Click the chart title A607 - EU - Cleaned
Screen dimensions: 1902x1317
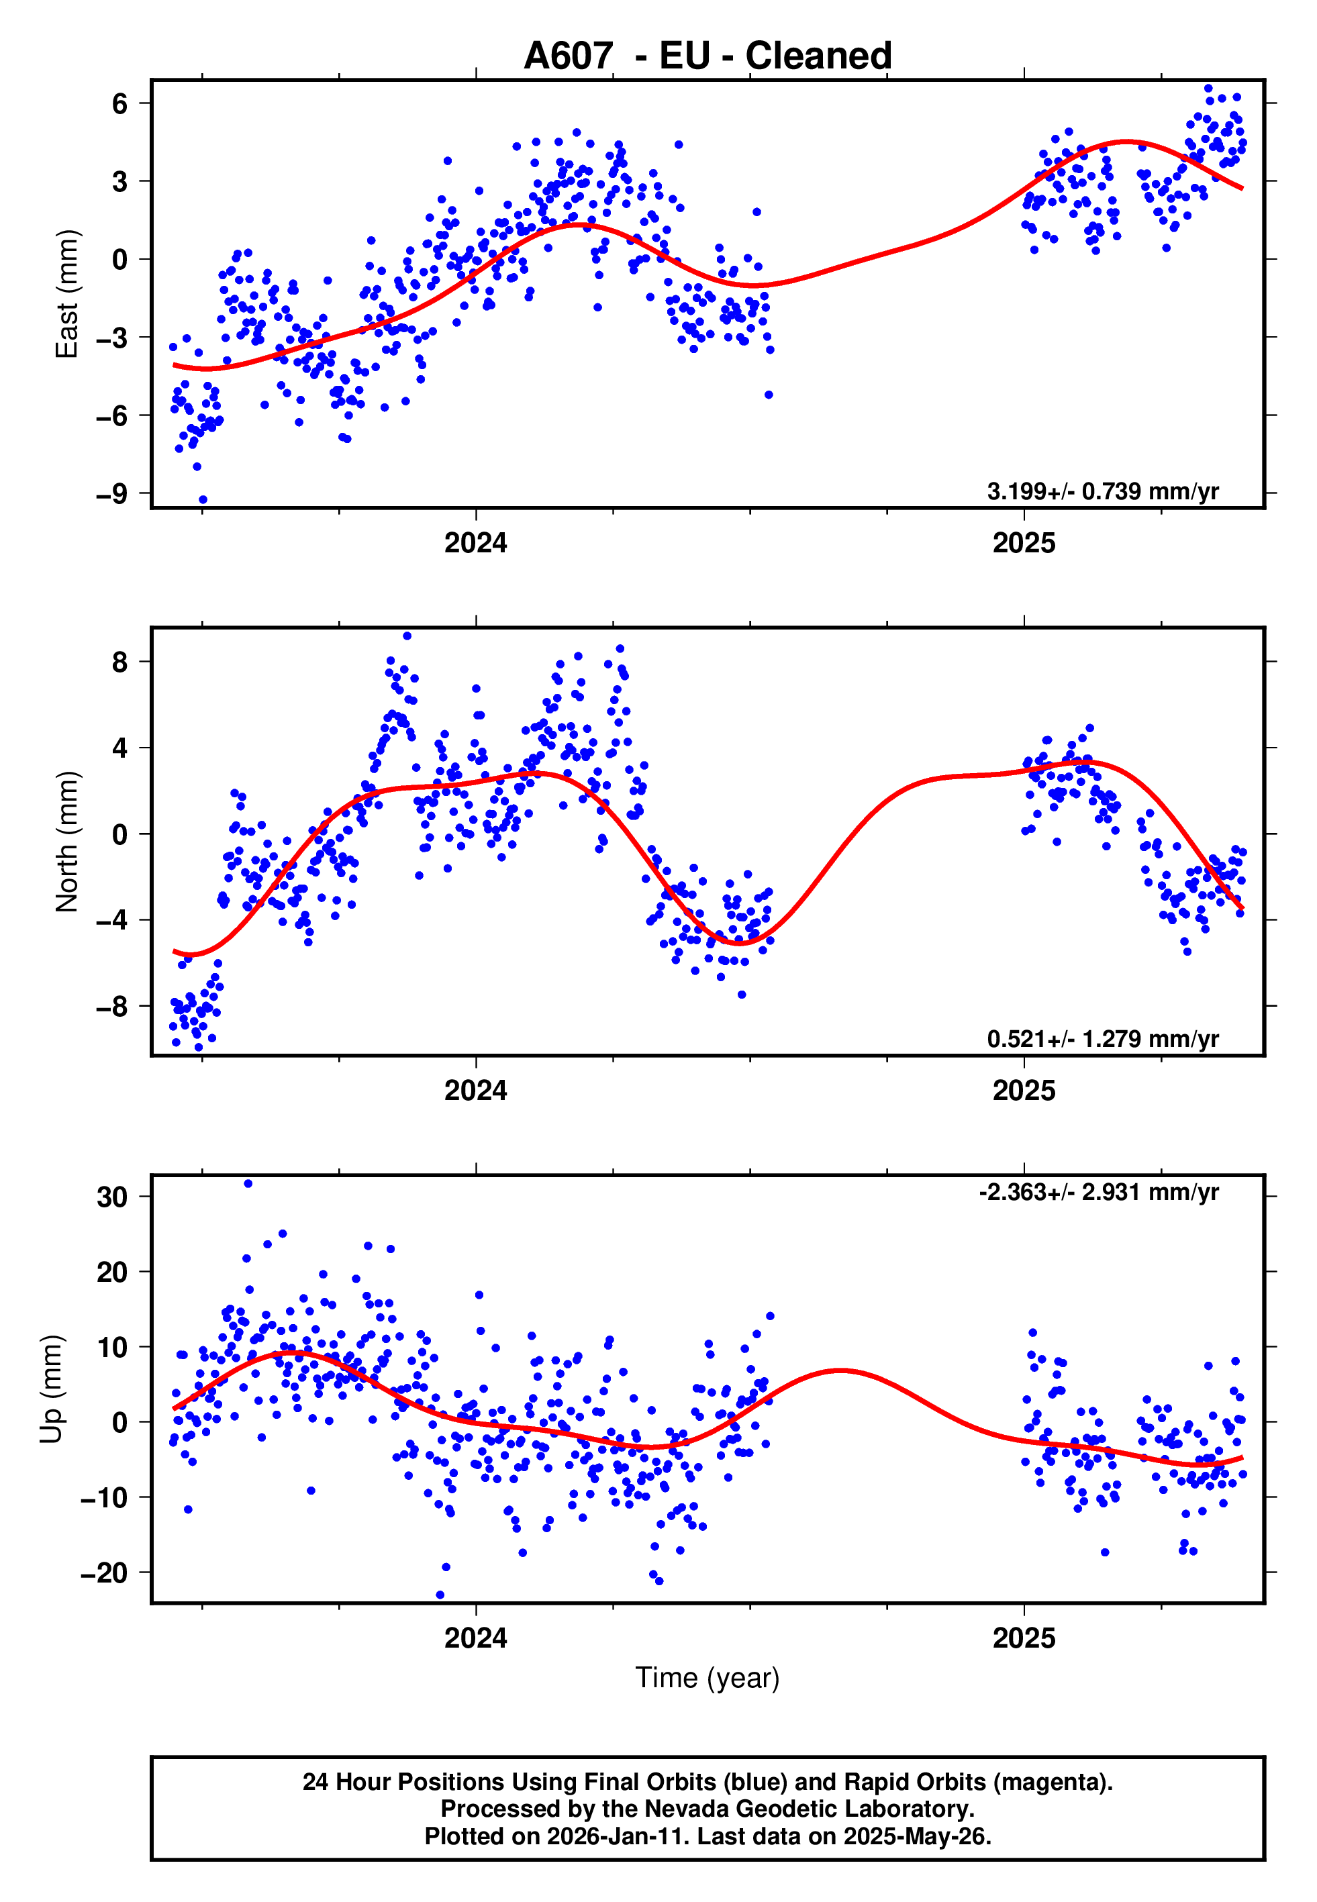pyautogui.click(x=708, y=56)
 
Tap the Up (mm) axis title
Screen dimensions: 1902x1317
pyautogui.click(x=51, y=1389)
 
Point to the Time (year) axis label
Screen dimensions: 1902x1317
pyautogui.click(x=708, y=1678)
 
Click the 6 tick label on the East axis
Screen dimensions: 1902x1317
pyautogui.click(x=119, y=104)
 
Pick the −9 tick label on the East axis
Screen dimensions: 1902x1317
pyautogui.click(x=112, y=494)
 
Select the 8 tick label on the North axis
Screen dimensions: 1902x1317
pyautogui.click(x=119, y=662)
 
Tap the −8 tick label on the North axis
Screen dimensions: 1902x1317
pyautogui.click(x=112, y=1006)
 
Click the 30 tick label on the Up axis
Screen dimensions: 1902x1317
pyautogui.click(x=112, y=1197)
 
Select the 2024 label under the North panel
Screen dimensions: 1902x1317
pyautogui.click(x=475, y=1091)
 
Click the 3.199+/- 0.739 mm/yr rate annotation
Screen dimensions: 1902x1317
pyautogui.click(x=1102, y=491)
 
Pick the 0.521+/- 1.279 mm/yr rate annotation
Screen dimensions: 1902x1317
pyautogui.click(x=1102, y=1038)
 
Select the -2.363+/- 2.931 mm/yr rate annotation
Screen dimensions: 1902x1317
pyautogui.click(x=1098, y=1192)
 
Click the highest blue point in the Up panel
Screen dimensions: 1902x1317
pyautogui.click(x=248, y=1184)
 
